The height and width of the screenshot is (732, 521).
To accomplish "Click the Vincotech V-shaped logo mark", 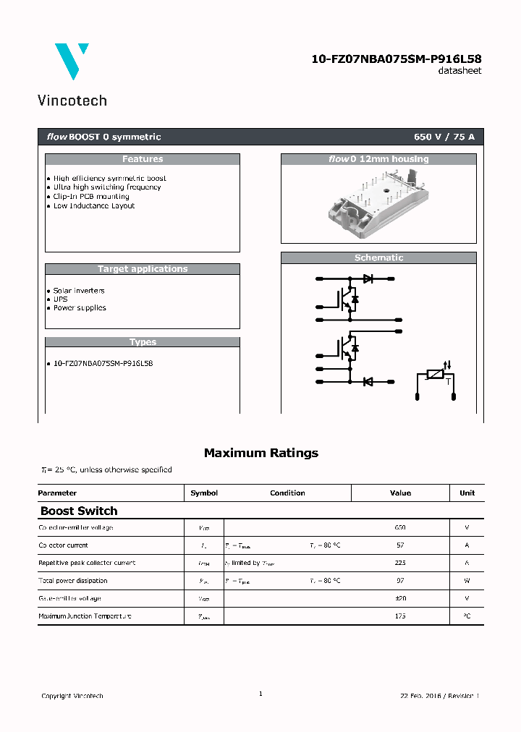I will coord(72,61).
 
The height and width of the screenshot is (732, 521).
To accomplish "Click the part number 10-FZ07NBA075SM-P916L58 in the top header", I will coord(396,59).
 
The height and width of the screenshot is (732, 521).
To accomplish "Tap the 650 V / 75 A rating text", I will coord(444,137).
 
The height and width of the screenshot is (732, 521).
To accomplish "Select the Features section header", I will coord(143,159).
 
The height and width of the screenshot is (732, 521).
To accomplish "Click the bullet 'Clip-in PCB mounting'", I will coord(91,196).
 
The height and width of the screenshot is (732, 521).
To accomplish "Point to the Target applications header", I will coord(143,269).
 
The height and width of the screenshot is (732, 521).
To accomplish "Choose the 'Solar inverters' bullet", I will coord(79,290).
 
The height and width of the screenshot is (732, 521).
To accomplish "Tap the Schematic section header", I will coord(378,258).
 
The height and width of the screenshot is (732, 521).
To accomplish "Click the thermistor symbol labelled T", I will coord(436,374).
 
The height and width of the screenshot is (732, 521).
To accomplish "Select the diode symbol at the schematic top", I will coord(368,278).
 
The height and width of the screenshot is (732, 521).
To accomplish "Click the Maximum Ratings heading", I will coord(260,453).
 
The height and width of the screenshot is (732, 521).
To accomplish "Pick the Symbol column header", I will coord(204,493).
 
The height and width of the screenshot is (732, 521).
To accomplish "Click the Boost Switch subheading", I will coord(79,511).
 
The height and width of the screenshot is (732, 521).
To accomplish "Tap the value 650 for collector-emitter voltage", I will coord(400,527).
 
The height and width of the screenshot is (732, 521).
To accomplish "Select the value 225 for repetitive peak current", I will coord(400,563).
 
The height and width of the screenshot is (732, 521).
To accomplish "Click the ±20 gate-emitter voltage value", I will coord(400,598).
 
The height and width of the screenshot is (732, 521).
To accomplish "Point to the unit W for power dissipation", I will coord(467,581).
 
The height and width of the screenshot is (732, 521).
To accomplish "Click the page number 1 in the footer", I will coord(260,694).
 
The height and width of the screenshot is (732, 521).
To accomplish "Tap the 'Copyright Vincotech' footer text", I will coord(72,696).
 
